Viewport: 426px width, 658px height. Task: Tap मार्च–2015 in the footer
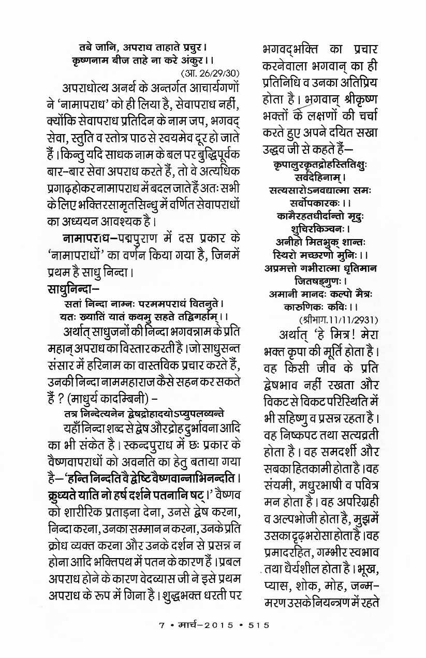[206, 625]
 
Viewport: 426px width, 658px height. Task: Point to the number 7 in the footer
[161, 625]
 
